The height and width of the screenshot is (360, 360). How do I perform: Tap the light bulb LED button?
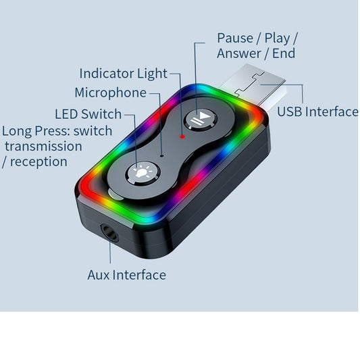(x=143, y=173)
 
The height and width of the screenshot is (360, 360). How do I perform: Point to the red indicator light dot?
(x=182, y=135)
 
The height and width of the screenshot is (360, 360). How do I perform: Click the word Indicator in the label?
(x=106, y=73)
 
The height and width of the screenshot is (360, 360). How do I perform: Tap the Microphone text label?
(x=110, y=93)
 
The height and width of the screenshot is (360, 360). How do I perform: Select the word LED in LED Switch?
(x=66, y=113)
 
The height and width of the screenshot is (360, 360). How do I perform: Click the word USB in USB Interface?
(x=291, y=111)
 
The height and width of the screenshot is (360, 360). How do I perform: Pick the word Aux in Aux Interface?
(x=99, y=275)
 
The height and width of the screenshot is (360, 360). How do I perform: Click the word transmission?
(x=43, y=146)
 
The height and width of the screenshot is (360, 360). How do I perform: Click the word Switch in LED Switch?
(x=101, y=113)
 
